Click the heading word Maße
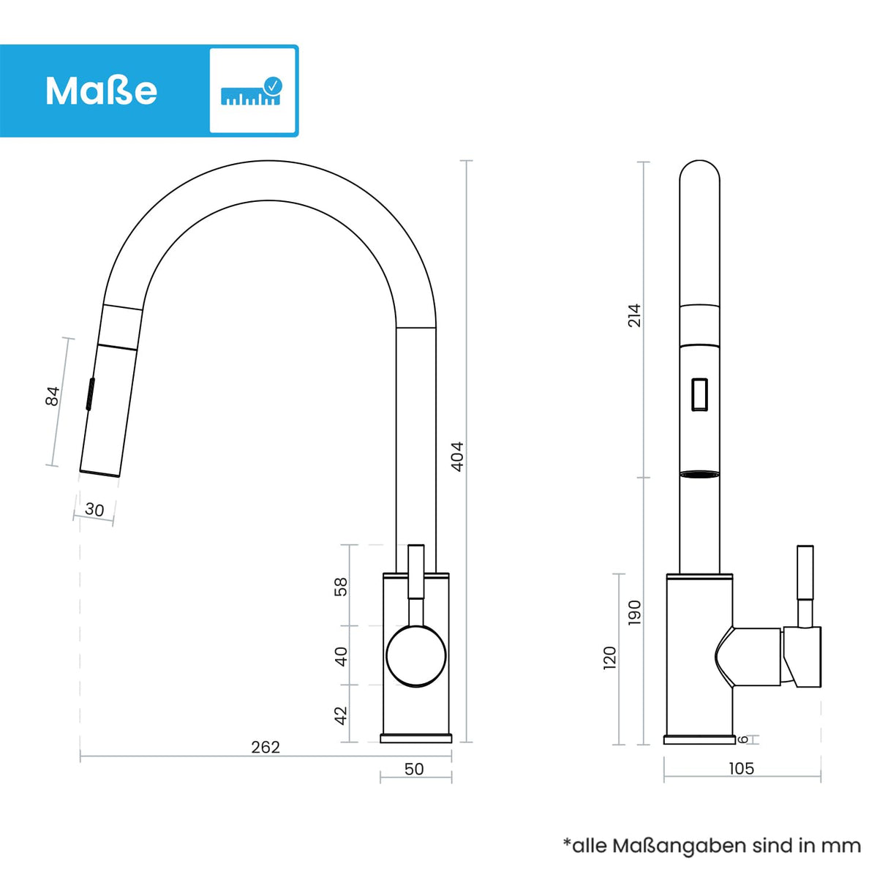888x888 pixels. [101, 91]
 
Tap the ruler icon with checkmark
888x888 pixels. [251, 91]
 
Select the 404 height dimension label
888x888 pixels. [457, 456]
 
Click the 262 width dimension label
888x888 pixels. [265, 747]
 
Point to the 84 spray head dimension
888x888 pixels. [53, 396]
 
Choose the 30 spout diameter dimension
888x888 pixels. [94, 509]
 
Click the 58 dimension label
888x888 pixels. [341, 587]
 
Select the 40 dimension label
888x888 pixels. [341, 656]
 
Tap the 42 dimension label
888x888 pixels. [341, 715]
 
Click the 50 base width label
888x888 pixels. [414, 769]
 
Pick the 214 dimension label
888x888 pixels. [634, 315]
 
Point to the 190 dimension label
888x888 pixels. [635, 612]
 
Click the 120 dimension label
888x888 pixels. [610, 657]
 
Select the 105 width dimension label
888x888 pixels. [741, 768]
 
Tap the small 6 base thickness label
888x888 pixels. [744, 740]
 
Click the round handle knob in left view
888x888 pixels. [415, 655]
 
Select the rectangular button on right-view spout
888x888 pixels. [699, 394]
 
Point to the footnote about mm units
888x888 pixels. [712, 846]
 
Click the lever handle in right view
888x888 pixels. [805, 585]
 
